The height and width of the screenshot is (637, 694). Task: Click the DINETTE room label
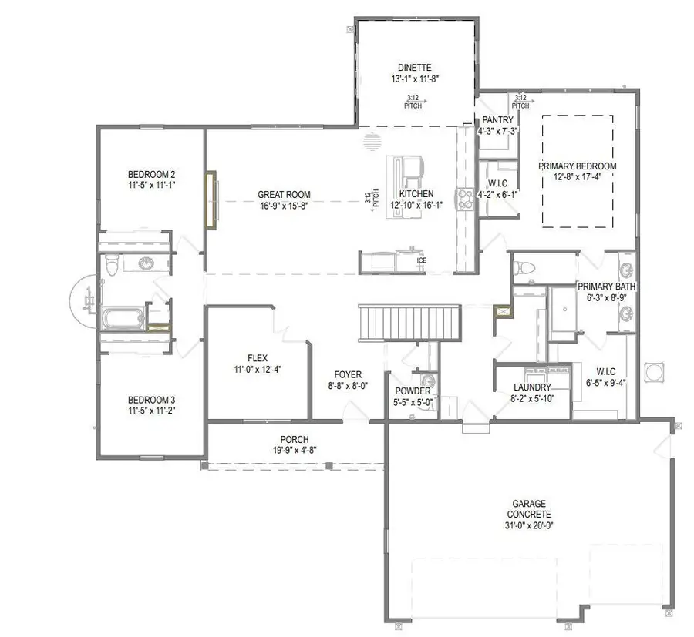415,66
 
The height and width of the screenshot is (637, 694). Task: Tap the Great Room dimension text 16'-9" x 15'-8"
283,206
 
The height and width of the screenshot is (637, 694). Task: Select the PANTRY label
497,120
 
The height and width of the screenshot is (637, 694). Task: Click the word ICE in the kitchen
421,260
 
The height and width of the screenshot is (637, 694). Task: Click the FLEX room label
257,358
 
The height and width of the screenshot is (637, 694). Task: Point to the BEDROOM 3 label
151,400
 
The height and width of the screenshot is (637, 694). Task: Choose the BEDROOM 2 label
151,173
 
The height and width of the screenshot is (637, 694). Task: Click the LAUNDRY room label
532,387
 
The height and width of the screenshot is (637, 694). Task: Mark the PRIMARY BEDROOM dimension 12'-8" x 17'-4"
577,178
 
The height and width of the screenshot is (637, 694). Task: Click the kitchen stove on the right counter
466,199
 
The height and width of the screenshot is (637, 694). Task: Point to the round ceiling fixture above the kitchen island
372,142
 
